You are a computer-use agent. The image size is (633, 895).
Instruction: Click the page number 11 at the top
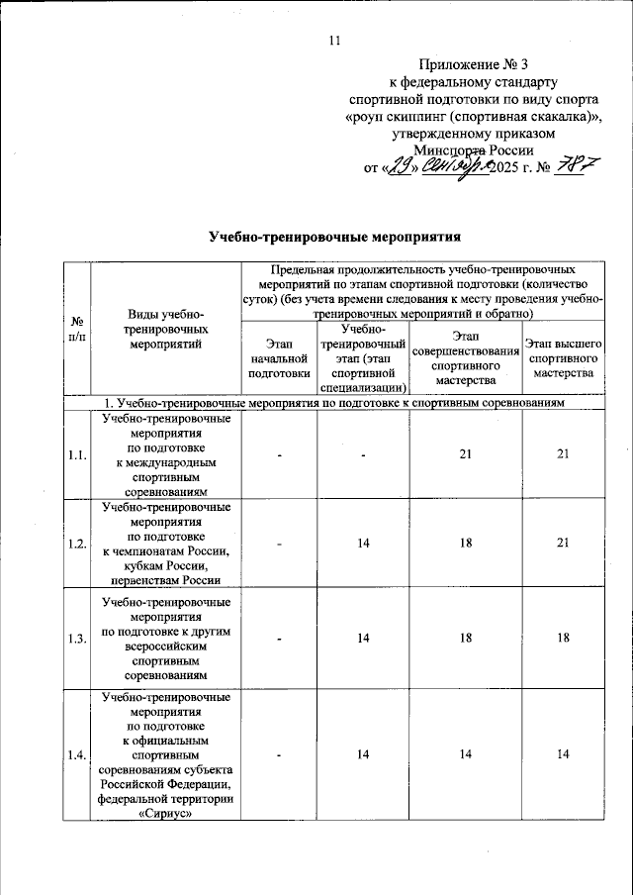click(333, 41)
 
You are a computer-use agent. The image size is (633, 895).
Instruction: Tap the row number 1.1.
click(76, 454)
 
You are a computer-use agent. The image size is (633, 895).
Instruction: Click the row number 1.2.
click(76, 544)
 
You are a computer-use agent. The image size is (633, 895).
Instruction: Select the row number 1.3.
click(76, 640)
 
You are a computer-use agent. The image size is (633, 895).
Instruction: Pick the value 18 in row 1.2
click(464, 544)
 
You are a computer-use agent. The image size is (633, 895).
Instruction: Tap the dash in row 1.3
click(279, 640)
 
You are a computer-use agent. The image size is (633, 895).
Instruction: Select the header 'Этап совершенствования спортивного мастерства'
click(464, 364)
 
